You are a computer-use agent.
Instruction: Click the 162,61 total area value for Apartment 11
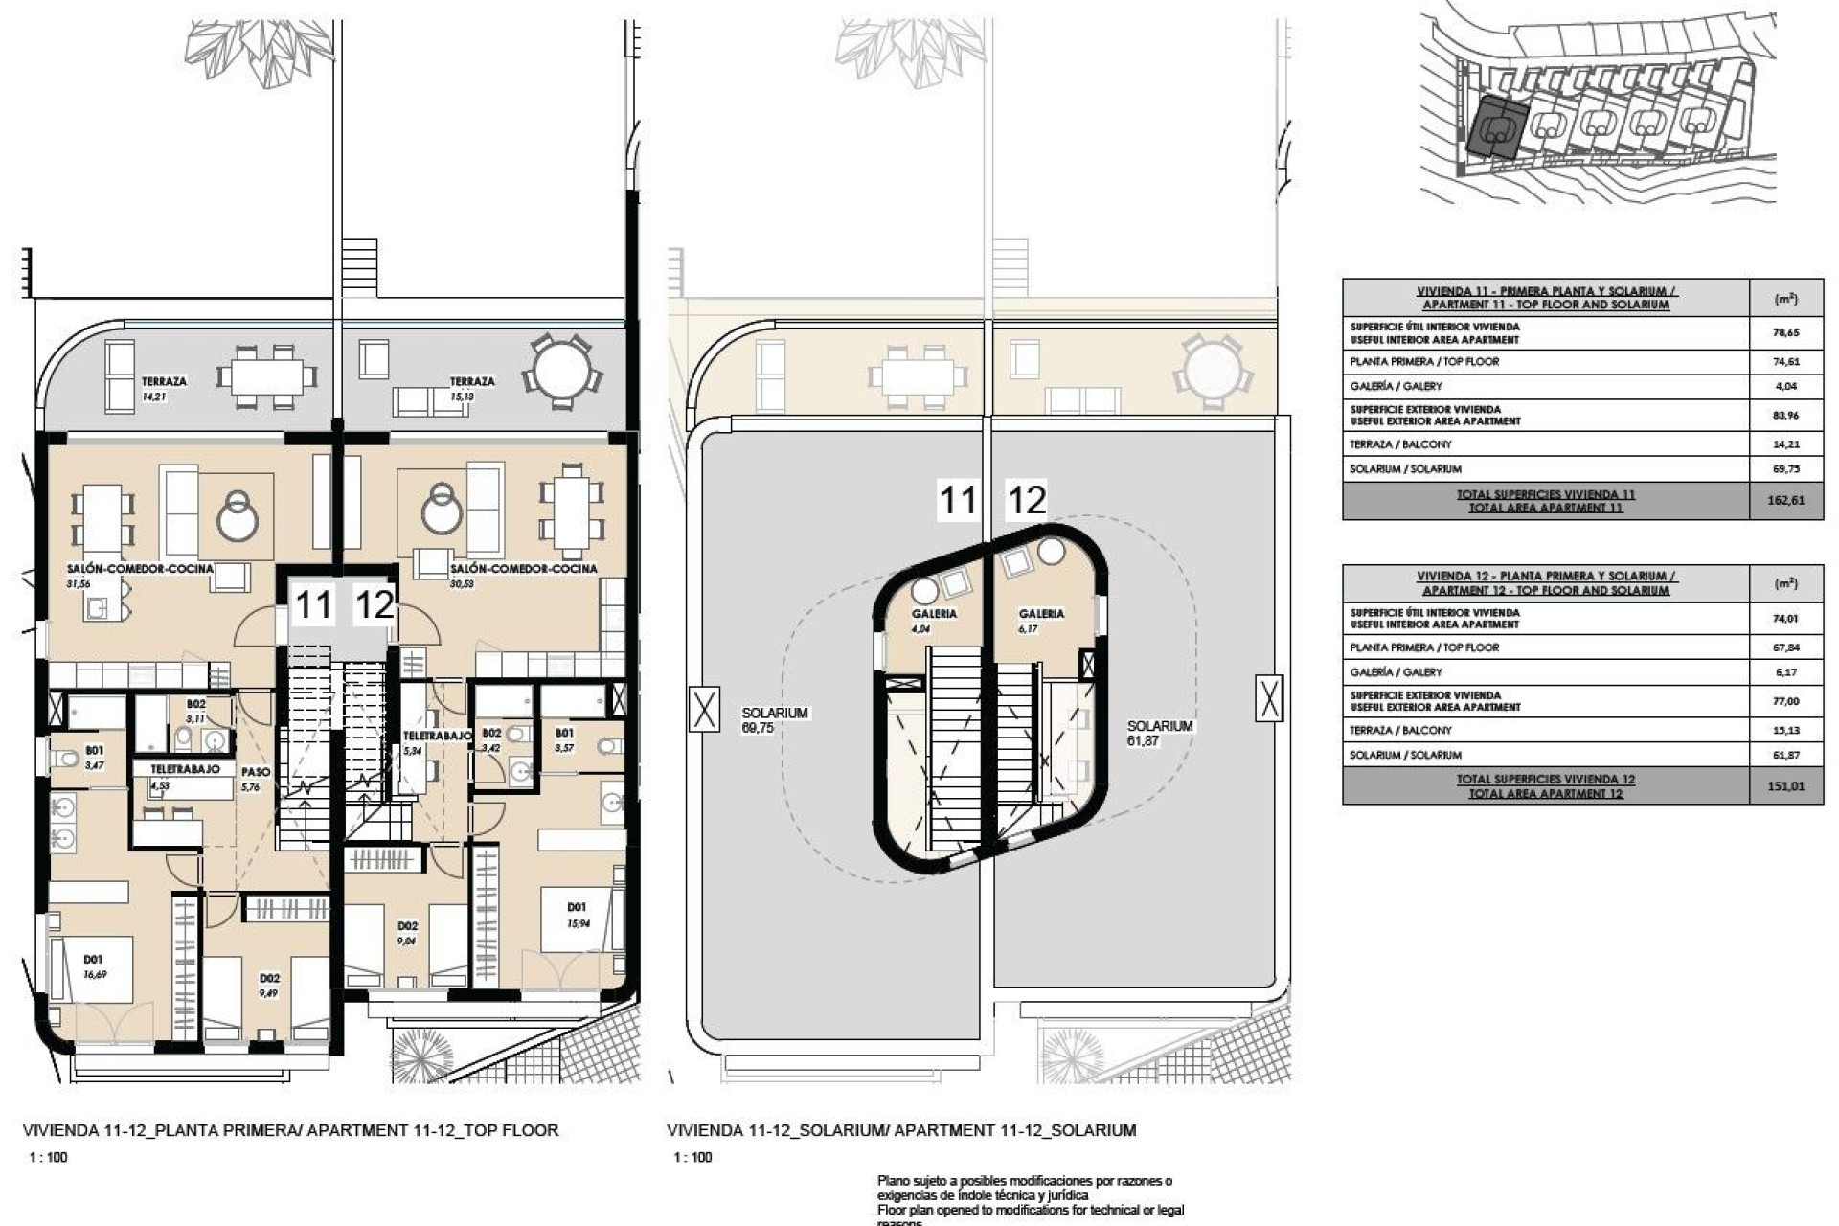pyautogui.click(x=1784, y=500)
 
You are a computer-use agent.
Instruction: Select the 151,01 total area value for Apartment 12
pyautogui.click(x=1784, y=786)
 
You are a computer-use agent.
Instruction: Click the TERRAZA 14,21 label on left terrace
pyautogui.click(x=163, y=387)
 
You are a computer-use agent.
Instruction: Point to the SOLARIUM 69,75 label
pyautogui.click(x=774, y=720)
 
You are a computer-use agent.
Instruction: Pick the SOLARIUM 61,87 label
pyautogui.click(x=1159, y=733)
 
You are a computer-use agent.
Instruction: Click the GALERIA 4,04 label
pyautogui.click(x=933, y=621)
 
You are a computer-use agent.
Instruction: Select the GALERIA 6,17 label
pyautogui.click(x=1040, y=621)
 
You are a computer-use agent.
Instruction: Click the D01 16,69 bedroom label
pyautogui.click(x=93, y=965)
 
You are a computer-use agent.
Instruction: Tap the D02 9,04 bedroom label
pyautogui.click(x=407, y=933)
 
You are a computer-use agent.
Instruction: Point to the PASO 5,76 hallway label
pyautogui.click(x=255, y=779)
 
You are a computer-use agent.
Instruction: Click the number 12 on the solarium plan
pyautogui.click(x=1026, y=500)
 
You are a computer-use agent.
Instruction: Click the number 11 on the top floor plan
pyautogui.click(x=313, y=605)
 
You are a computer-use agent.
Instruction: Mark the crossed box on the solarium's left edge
pyautogui.click(x=704, y=710)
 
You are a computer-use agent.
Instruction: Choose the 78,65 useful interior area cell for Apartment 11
pyautogui.click(x=1784, y=333)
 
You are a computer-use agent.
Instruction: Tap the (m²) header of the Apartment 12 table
pyautogui.click(x=1784, y=583)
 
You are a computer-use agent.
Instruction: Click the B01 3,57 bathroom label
pyautogui.click(x=564, y=739)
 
